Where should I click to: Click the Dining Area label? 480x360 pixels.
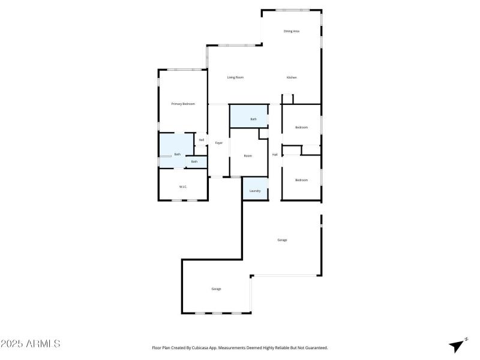click(x=292, y=31)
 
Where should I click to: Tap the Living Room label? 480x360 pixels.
click(x=235, y=77)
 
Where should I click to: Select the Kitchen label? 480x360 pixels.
click(x=292, y=77)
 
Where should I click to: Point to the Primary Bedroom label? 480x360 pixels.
click(x=183, y=104)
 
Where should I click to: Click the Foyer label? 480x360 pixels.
click(x=219, y=143)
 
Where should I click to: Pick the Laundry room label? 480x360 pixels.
click(x=255, y=191)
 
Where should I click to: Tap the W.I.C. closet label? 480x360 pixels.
click(x=183, y=187)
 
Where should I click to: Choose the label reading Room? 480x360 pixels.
click(x=248, y=155)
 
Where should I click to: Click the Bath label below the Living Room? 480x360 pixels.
click(x=253, y=119)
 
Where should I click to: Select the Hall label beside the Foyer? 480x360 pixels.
click(x=202, y=140)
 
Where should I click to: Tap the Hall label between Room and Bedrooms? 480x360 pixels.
click(x=275, y=155)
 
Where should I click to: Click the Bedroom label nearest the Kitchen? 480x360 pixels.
click(x=301, y=127)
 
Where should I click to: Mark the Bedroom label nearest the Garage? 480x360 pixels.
click(x=301, y=180)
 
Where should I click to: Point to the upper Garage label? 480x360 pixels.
click(x=282, y=240)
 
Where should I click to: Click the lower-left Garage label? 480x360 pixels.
click(x=216, y=289)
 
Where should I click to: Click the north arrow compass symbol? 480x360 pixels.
click(x=458, y=345)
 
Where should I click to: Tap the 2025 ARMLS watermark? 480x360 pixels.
click(x=30, y=344)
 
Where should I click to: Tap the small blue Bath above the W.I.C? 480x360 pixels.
click(x=194, y=161)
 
